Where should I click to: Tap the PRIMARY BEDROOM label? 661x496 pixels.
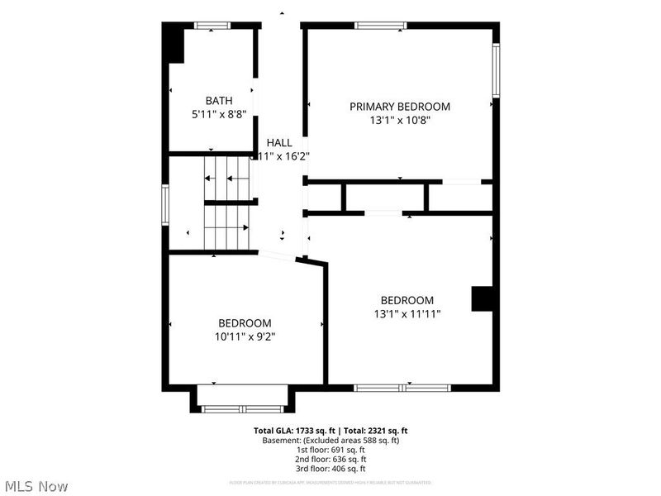coord(400,106)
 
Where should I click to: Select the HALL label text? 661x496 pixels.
coord(279,143)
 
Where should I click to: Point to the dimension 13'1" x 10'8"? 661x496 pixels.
coord(400,120)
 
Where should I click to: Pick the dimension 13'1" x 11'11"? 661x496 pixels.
coord(407,313)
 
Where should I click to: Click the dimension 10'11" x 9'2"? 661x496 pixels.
coord(245,336)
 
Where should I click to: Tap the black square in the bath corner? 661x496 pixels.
coord(174,44)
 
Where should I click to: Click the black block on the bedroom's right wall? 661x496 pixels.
coord(482,298)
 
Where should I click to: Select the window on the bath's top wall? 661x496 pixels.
coord(211,26)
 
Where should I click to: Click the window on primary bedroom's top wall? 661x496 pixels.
coord(381,26)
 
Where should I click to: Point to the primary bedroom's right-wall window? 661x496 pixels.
coord(496,70)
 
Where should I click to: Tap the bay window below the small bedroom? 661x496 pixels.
coord(242,408)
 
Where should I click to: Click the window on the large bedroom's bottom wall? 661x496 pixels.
coord(402,387)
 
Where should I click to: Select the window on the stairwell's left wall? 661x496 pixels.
coord(165,204)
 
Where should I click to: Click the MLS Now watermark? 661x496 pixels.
coord(36,486)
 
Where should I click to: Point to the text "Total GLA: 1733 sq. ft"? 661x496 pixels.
coord(294,431)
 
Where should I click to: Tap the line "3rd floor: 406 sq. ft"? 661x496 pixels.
coord(330,469)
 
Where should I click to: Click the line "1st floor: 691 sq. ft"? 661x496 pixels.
coord(330,450)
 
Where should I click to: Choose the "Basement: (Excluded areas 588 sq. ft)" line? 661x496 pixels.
coord(330,441)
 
